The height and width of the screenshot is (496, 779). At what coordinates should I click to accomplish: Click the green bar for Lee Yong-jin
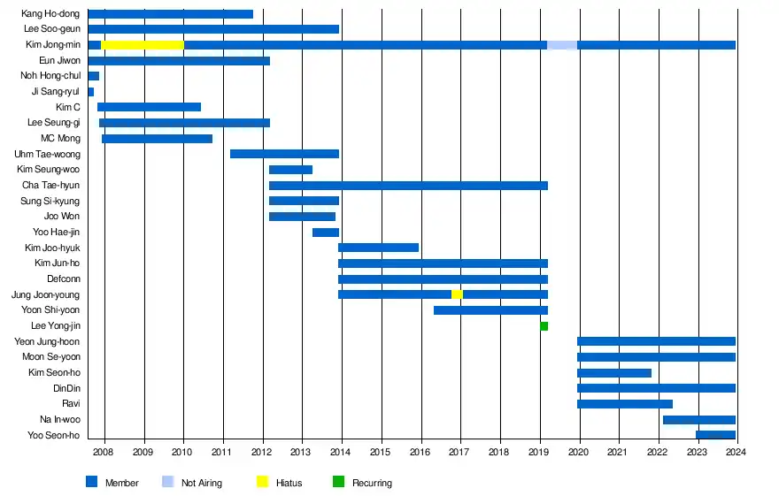544,326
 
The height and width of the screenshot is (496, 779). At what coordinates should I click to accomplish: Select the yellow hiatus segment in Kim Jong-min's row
143,44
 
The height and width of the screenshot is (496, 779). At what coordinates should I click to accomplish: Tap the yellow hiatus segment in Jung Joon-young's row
457,294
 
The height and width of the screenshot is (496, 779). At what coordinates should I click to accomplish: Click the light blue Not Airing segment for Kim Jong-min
562,44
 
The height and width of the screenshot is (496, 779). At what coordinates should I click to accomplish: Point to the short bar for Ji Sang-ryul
91,92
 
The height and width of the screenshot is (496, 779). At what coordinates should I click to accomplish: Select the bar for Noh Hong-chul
94,76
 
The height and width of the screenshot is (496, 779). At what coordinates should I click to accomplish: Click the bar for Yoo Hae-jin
326,233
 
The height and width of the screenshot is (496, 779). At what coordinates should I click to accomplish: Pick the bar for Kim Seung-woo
290,170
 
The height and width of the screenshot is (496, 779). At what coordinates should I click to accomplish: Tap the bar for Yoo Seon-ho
715,435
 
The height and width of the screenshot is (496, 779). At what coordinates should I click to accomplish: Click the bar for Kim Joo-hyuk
378,248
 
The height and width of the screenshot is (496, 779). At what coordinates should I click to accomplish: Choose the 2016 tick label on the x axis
420,452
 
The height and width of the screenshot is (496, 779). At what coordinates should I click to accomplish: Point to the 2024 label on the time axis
736,452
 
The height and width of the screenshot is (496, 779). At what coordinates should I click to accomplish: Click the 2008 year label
104,452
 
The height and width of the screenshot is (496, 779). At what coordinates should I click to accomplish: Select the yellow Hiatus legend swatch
262,482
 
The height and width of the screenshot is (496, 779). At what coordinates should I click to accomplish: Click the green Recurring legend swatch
338,482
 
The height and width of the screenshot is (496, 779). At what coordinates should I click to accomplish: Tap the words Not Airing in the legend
202,483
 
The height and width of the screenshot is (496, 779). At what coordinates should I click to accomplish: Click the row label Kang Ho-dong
50,14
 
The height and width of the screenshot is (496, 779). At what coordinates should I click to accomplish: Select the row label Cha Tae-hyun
51,186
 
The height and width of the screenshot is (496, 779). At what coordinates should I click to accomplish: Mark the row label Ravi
71,404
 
